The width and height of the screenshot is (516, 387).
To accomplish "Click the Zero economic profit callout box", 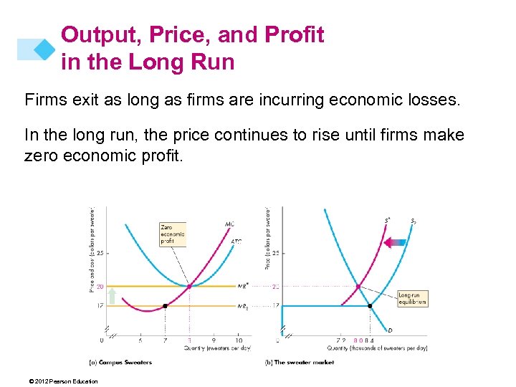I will click(173, 234).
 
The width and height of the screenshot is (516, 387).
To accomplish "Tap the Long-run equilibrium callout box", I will click(412, 297).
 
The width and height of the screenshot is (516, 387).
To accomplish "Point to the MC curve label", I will click(229, 224).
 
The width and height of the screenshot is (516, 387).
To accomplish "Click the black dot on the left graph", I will click(166, 306).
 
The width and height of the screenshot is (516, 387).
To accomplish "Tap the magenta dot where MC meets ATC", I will click(189, 286).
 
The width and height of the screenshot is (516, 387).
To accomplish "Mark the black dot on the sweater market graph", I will click(370, 306).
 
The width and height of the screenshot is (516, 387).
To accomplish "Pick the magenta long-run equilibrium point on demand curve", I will click(358, 287).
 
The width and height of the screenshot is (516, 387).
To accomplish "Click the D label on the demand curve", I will click(389, 330).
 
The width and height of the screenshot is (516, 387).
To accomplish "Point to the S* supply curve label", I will click(387, 220).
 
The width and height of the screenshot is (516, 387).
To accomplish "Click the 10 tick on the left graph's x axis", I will click(238, 340).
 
